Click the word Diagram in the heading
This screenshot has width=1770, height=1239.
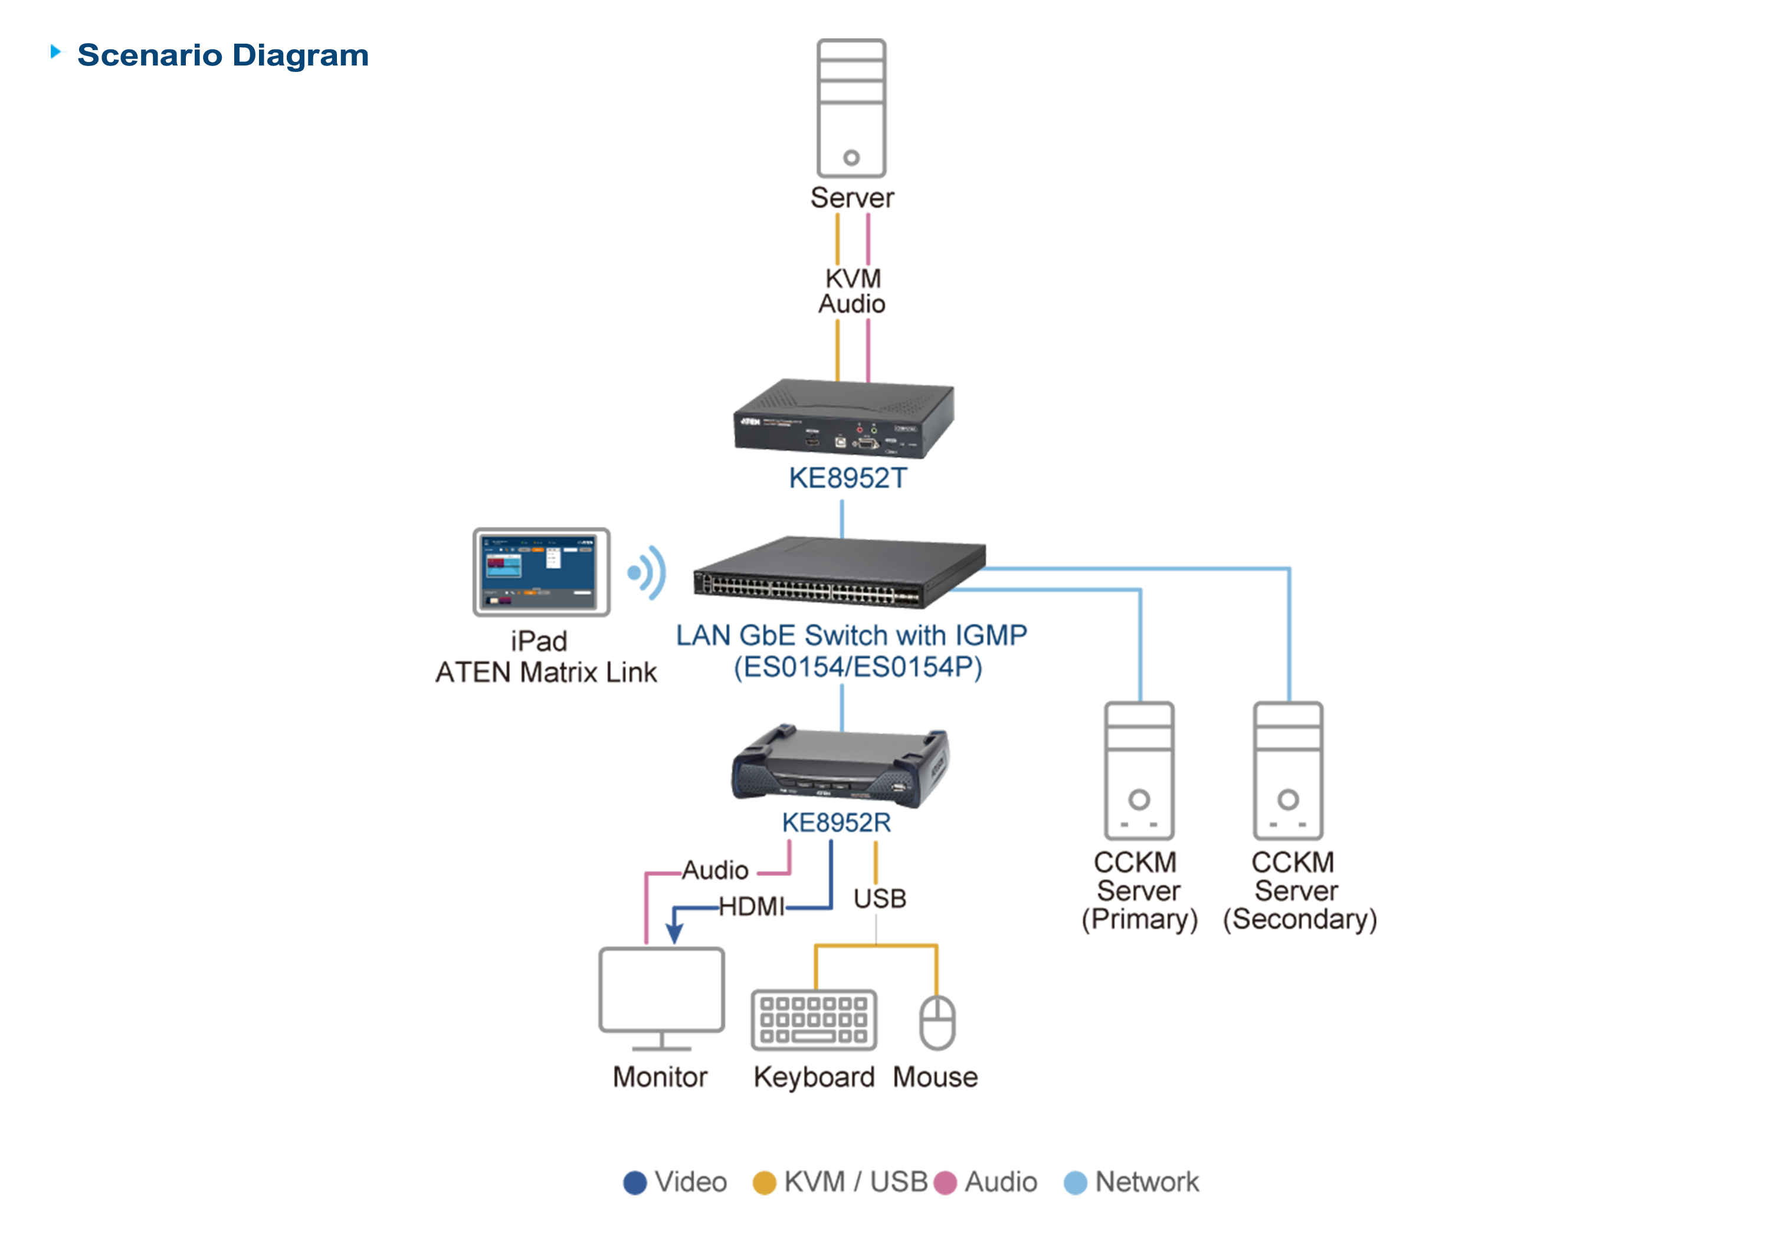click(301, 56)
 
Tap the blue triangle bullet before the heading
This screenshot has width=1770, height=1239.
click(57, 53)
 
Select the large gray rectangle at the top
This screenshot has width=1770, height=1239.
click(851, 108)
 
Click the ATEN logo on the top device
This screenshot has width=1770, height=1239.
click(750, 422)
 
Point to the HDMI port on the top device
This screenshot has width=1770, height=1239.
click(812, 442)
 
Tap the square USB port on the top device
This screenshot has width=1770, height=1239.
click(840, 442)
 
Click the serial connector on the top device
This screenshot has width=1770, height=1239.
click(867, 442)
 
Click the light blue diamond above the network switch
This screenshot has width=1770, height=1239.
click(843, 514)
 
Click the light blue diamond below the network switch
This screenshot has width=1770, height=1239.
click(843, 704)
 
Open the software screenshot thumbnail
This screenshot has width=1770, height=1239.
click(537, 571)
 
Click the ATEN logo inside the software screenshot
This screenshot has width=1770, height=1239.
click(586, 543)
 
